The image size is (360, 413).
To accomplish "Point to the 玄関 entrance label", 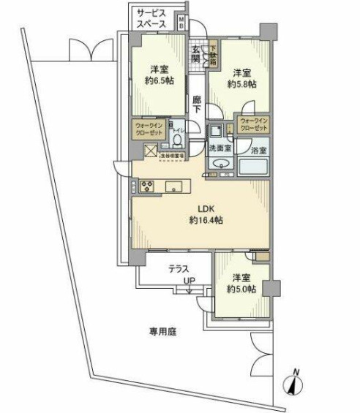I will pyautogui.click(x=196, y=55).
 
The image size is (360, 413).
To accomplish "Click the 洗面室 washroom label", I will pyautogui.click(x=218, y=148).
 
